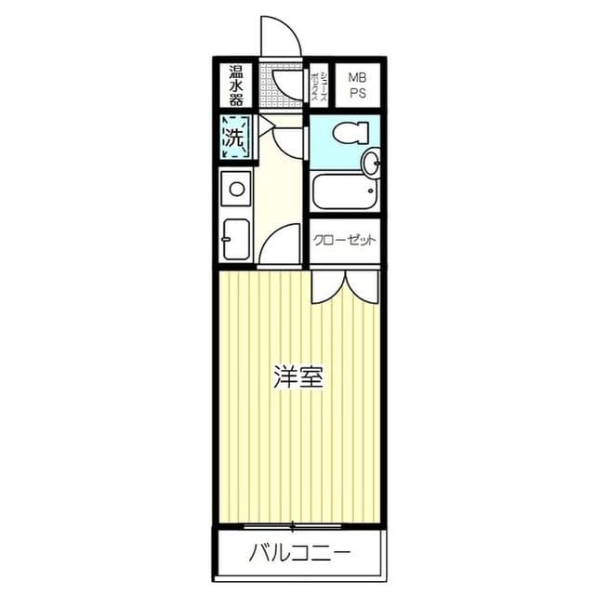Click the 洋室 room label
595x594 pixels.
(x=297, y=377)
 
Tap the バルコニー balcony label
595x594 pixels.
(x=299, y=555)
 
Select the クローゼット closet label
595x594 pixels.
(x=344, y=240)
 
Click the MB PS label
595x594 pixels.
(x=356, y=85)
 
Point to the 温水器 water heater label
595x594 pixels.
(x=236, y=85)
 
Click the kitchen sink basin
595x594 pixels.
(x=237, y=239)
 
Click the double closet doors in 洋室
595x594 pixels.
(x=345, y=285)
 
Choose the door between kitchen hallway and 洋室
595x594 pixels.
(x=280, y=247)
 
